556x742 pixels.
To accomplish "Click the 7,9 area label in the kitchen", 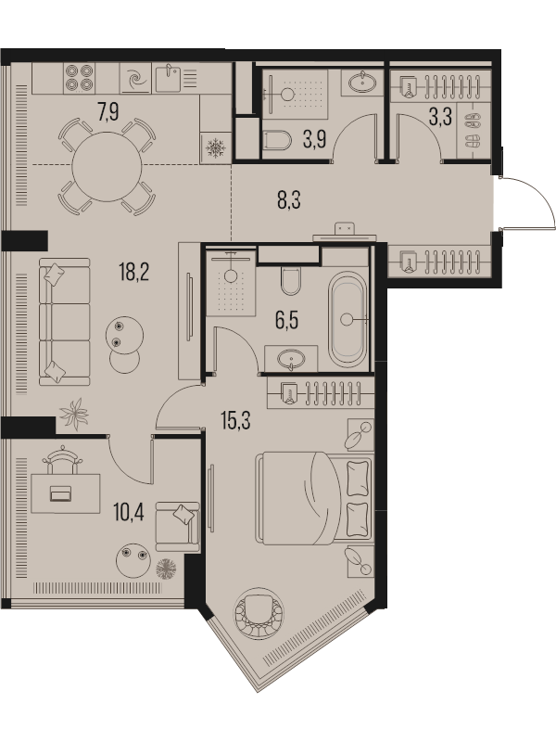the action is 108,112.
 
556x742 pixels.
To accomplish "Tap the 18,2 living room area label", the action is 134,273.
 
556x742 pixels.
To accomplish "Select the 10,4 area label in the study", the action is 129,512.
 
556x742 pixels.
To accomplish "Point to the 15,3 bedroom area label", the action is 236,420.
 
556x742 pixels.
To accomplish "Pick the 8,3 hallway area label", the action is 289,199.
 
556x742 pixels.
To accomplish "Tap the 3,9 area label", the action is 314,140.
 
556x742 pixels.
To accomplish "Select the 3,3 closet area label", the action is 440,117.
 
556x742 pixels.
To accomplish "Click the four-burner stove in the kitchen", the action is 79,78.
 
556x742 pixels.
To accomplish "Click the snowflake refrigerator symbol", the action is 216,147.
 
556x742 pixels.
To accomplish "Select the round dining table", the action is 107,167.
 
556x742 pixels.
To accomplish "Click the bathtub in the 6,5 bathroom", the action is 347,318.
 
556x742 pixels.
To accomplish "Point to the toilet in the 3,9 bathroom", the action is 276,141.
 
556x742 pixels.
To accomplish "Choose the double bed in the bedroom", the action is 314,497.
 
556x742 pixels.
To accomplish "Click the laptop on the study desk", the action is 60,493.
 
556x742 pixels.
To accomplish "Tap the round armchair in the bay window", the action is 259,614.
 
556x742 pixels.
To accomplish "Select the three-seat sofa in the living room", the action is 64,322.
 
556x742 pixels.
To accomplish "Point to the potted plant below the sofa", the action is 74,414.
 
